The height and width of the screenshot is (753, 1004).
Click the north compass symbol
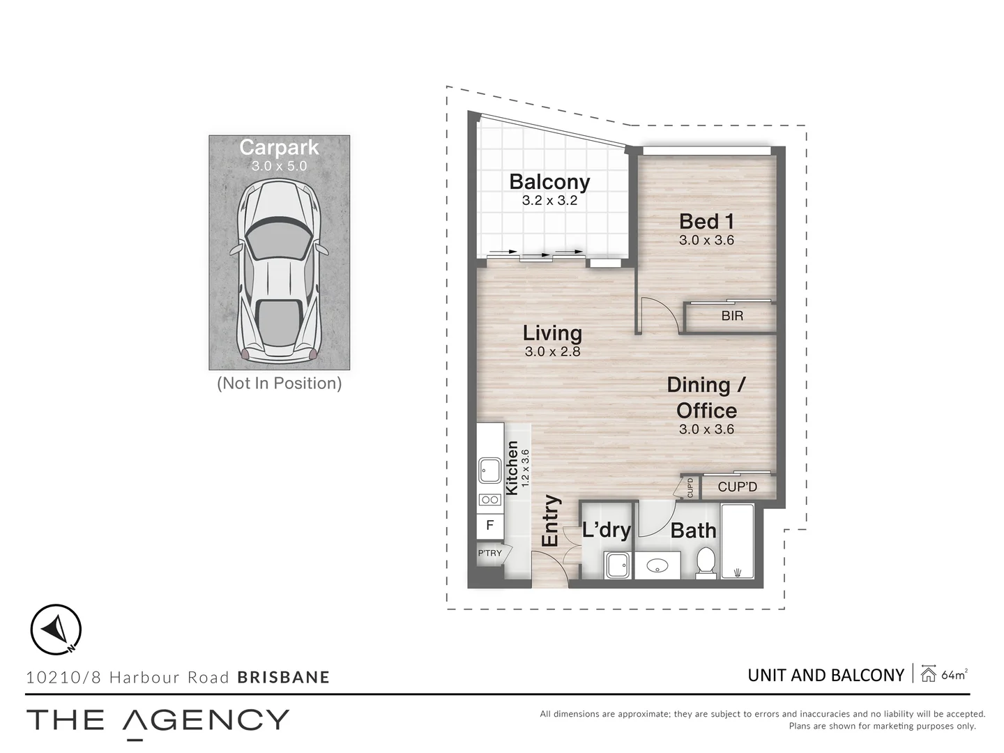point(56,629)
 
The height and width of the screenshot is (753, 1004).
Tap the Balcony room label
point(549,182)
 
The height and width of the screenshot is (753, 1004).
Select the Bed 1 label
point(706,222)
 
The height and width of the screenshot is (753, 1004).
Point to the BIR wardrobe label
point(732,315)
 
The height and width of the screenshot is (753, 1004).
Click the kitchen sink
point(490,470)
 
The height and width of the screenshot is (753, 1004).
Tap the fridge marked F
point(490,525)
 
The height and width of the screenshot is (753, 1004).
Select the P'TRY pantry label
point(490,553)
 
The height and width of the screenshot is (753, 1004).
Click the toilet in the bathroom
point(706,563)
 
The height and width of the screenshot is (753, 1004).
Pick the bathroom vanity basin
point(657,565)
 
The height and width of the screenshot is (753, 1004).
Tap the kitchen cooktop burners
point(490,500)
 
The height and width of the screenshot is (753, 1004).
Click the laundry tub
point(618,565)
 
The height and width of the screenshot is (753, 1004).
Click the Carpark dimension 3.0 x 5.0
point(279,166)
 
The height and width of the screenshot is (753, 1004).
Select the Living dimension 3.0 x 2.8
point(552,351)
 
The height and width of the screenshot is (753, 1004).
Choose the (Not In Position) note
point(280,383)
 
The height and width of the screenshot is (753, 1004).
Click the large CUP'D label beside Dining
point(738,487)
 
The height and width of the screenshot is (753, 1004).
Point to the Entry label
point(550,520)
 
